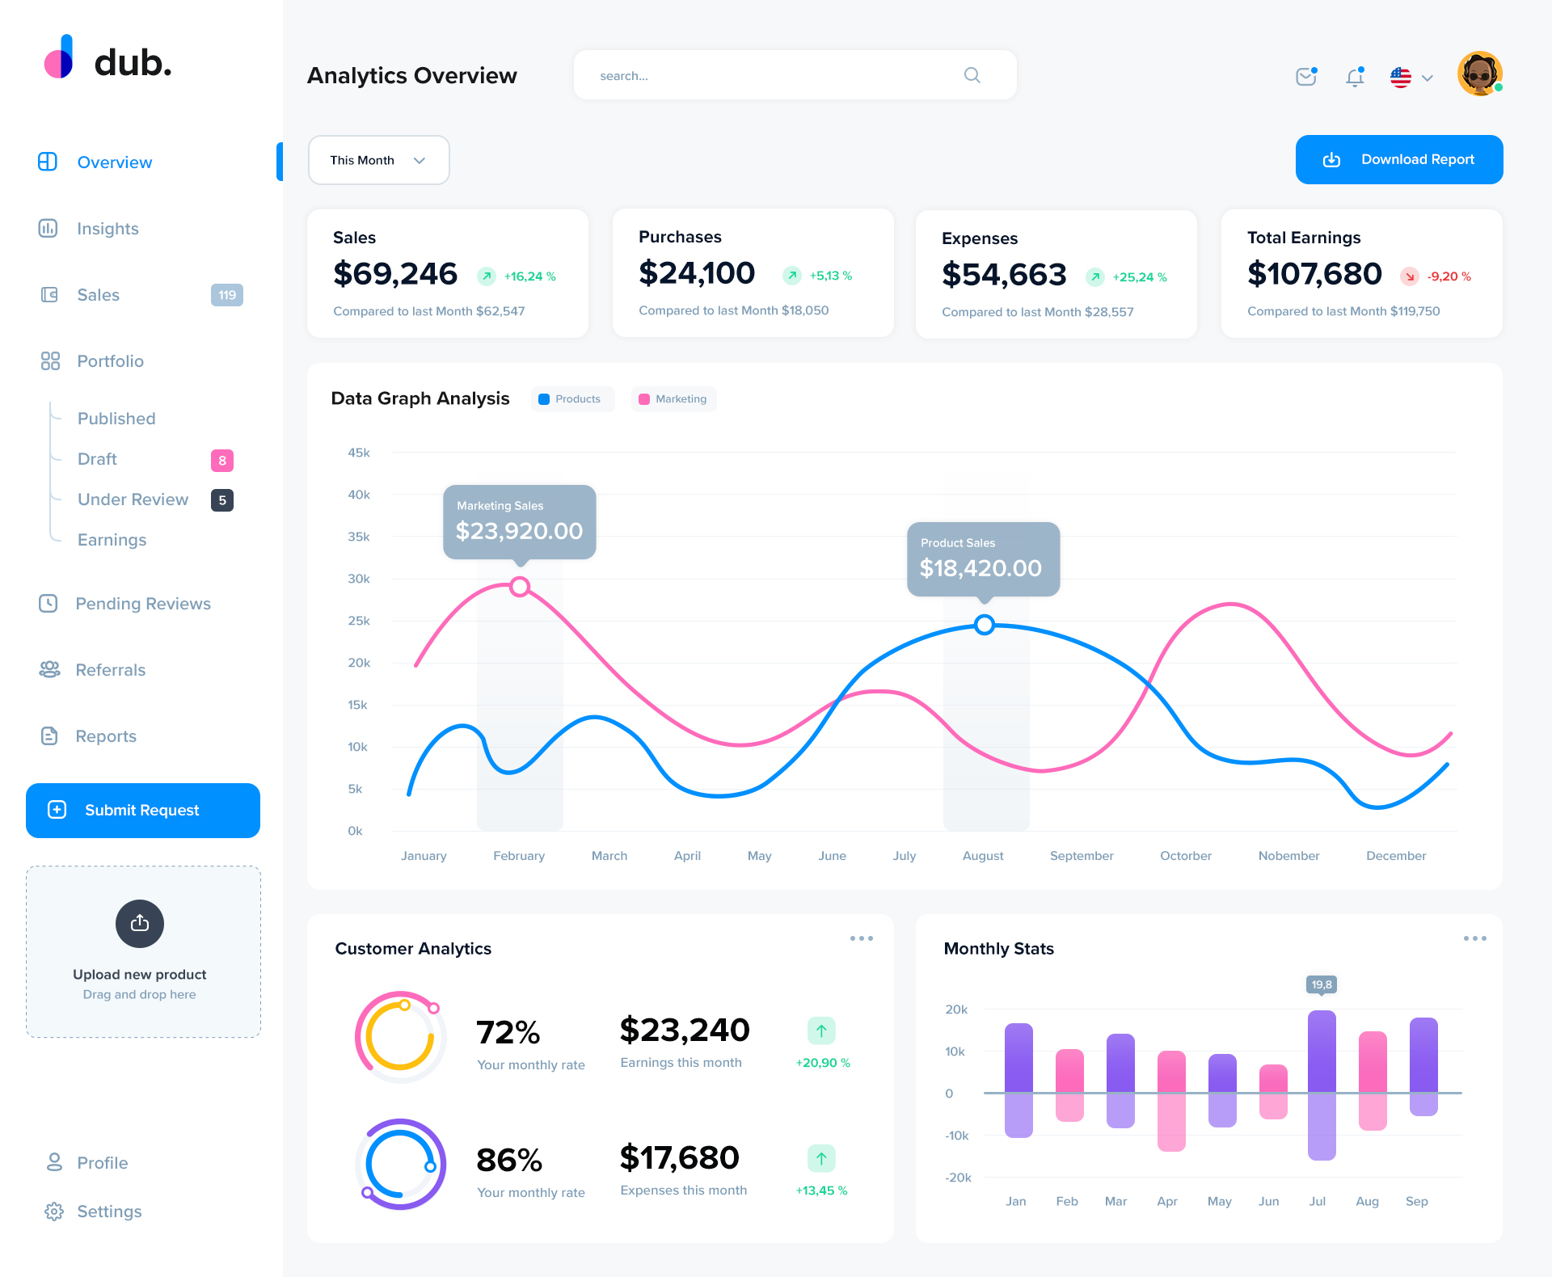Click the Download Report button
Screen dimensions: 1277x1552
[1398, 159]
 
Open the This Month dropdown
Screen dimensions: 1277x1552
[378, 160]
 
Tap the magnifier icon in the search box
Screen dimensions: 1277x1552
[972, 75]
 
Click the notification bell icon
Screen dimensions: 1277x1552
[1355, 77]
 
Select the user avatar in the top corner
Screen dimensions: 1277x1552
[1479, 74]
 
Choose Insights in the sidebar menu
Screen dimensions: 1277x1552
[108, 229]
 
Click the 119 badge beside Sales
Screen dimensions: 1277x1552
[227, 295]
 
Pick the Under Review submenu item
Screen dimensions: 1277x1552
[133, 499]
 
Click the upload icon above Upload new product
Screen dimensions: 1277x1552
[140, 923]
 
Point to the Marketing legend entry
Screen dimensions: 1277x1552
[673, 399]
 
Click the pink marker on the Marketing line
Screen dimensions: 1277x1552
[520, 587]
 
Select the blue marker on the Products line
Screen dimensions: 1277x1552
[984, 625]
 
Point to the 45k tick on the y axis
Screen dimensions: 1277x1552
[359, 453]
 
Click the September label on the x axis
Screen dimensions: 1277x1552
[1081, 856]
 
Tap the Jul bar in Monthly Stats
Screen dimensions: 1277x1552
[1322, 1085]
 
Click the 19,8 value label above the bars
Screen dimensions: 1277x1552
[1322, 984]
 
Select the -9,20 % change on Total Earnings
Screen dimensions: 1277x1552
[1449, 276]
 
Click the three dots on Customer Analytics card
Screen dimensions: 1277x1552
[861, 938]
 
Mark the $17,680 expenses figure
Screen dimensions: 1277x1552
[679, 1157]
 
